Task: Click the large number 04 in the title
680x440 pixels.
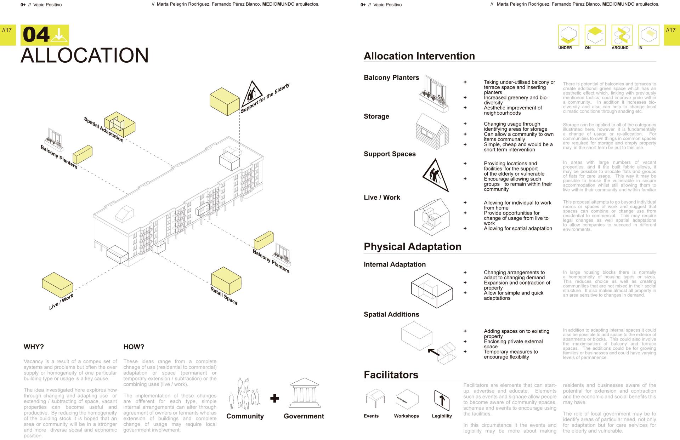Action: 36,35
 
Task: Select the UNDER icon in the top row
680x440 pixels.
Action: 568,35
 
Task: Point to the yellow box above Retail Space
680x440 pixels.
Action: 226,281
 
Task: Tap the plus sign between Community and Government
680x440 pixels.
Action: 274,398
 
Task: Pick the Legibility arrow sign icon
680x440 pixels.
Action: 442,400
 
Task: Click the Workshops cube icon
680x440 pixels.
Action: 407,399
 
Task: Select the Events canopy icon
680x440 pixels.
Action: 375,399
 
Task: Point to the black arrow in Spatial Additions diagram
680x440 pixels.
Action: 434,352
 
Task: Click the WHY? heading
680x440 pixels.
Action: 34,347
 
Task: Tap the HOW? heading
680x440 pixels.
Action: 134,347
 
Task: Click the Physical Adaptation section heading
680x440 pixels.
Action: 412,247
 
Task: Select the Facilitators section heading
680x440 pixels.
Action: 391,375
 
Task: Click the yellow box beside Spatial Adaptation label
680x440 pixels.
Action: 120,124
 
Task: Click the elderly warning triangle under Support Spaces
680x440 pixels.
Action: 436,175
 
